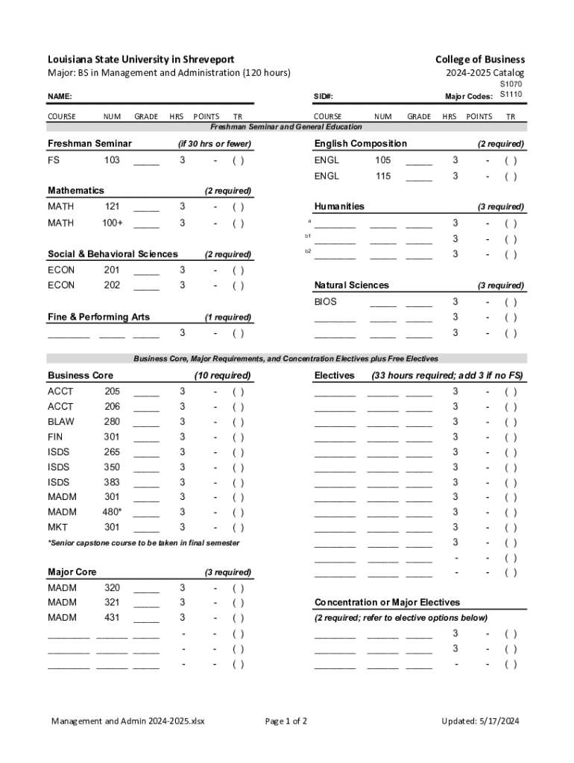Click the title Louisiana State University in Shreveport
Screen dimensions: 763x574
[x=141, y=60]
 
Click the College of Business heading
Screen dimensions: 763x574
[x=480, y=60]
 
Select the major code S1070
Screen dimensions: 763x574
[x=511, y=85]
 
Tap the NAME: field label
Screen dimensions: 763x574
[x=60, y=97]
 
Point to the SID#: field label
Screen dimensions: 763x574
[x=323, y=97]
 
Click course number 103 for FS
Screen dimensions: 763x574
[x=112, y=160]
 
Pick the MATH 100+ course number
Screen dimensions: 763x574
[x=113, y=223]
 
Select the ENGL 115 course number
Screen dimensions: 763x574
[x=382, y=177]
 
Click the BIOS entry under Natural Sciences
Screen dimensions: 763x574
[x=326, y=302]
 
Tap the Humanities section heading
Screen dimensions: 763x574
[x=339, y=206]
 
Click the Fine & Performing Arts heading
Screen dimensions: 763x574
[x=98, y=317]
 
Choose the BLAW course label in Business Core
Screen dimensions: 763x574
[x=61, y=422]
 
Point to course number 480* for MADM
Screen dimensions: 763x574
[x=112, y=512]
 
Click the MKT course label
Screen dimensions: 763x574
[x=57, y=528]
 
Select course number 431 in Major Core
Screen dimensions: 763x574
[x=112, y=618]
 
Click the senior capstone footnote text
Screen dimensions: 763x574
[x=144, y=543]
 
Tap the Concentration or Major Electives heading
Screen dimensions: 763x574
[x=387, y=602]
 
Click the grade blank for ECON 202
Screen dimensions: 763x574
[x=146, y=286]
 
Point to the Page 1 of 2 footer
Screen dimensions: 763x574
[x=286, y=721]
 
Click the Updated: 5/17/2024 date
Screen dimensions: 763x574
[x=480, y=721]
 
